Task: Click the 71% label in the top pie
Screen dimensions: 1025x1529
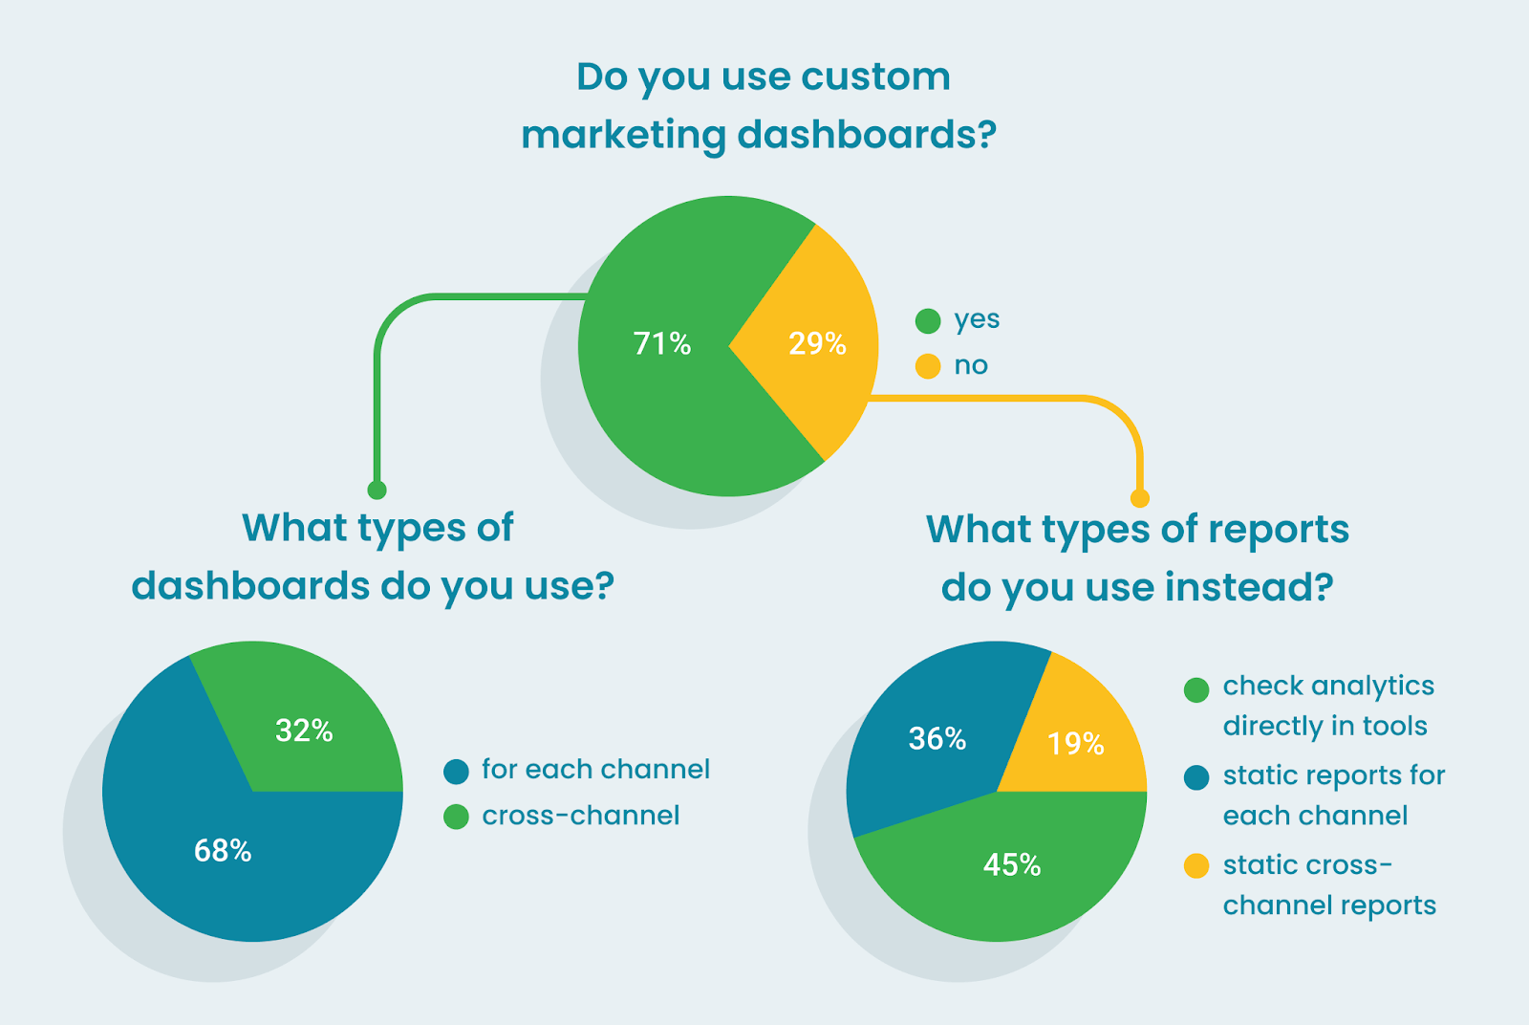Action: pos(662,343)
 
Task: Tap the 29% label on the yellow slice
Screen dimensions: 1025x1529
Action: pos(817,343)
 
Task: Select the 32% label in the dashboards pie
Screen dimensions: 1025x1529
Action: pos(304,731)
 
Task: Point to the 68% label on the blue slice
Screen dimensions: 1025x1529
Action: pos(223,850)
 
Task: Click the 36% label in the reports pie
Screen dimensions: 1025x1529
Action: pos(937,738)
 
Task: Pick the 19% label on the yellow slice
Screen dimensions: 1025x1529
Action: pos(1075,743)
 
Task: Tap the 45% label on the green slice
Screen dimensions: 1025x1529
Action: pos(1012,864)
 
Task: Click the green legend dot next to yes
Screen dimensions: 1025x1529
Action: pos(928,321)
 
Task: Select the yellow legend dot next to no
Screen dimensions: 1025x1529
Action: pos(928,366)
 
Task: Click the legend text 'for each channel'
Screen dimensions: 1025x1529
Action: pos(595,770)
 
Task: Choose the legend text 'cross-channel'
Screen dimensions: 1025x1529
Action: pos(581,816)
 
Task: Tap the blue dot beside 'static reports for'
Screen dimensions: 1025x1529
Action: pos(1196,777)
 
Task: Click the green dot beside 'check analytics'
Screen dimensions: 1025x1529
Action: pos(1196,689)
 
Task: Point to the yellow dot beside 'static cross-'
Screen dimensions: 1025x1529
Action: pos(1196,866)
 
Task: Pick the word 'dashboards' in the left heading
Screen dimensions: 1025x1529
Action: pos(250,585)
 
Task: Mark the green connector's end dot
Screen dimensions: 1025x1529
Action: pos(377,491)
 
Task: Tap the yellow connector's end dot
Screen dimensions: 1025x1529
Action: pos(1139,498)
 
